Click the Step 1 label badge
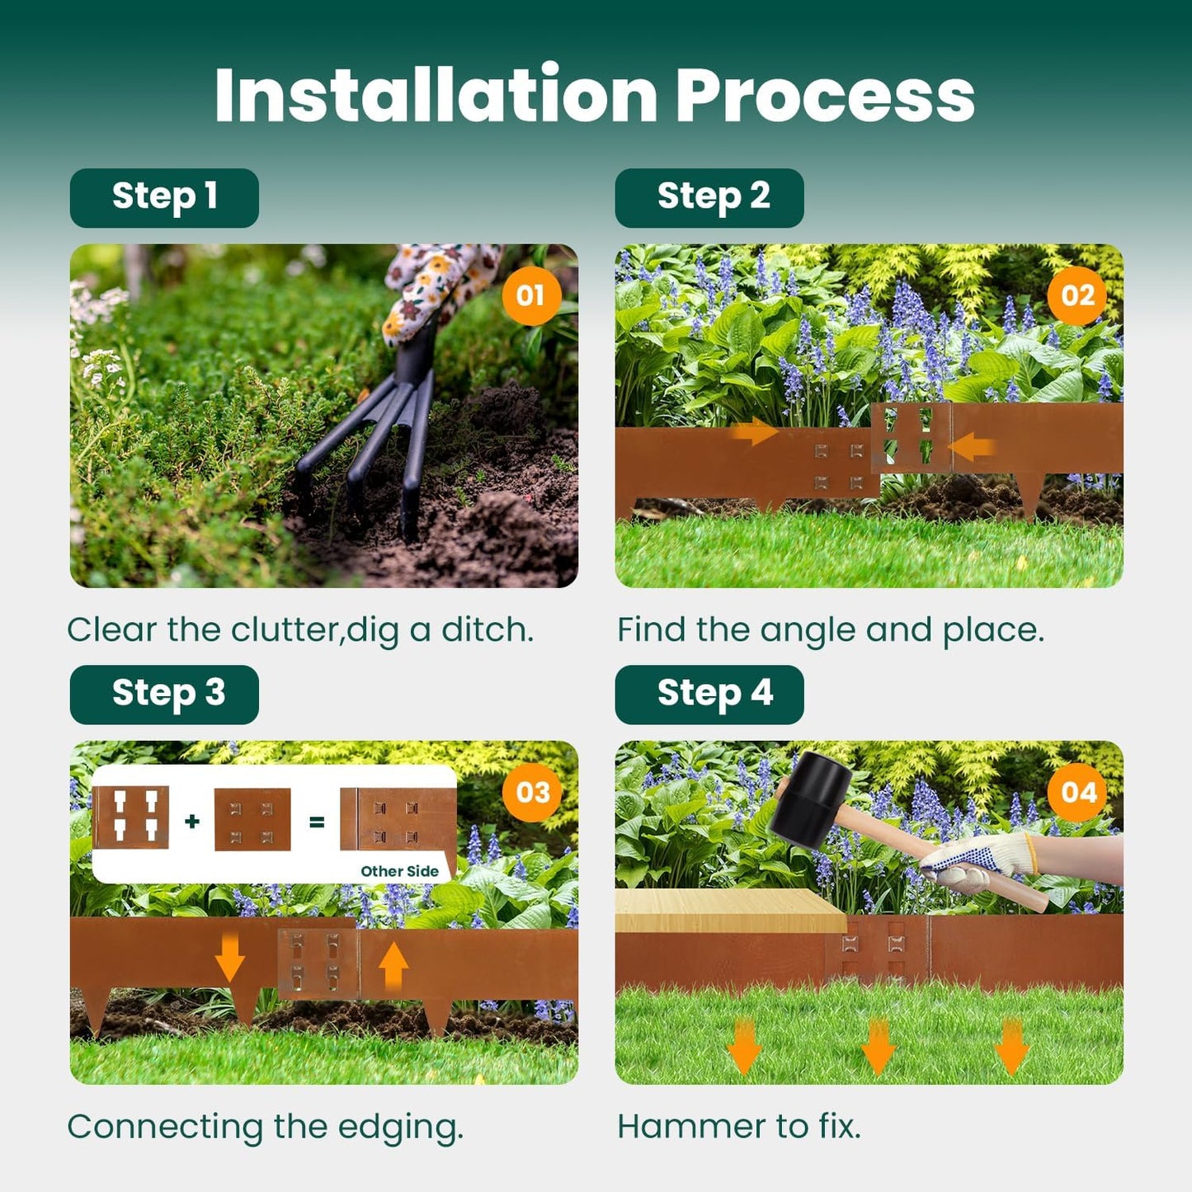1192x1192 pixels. [x=164, y=198]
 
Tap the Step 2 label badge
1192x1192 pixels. [x=709, y=198]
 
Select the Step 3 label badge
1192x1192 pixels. [x=164, y=695]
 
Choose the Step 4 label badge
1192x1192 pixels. [x=709, y=695]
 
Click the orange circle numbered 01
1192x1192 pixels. [x=530, y=295]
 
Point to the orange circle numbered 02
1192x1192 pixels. [x=1077, y=295]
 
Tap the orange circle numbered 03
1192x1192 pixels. [x=532, y=792]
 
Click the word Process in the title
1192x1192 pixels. [x=825, y=96]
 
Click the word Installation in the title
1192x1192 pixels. [x=436, y=96]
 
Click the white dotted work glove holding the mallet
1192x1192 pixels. [x=982, y=861]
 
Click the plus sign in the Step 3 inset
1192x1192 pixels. [x=192, y=821]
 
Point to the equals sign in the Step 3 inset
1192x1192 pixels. [x=316, y=822]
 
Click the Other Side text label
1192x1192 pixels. [x=399, y=871]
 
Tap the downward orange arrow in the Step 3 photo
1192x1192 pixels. [x=229, y=959]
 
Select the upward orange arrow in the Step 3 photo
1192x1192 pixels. [x=393, y=965]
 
